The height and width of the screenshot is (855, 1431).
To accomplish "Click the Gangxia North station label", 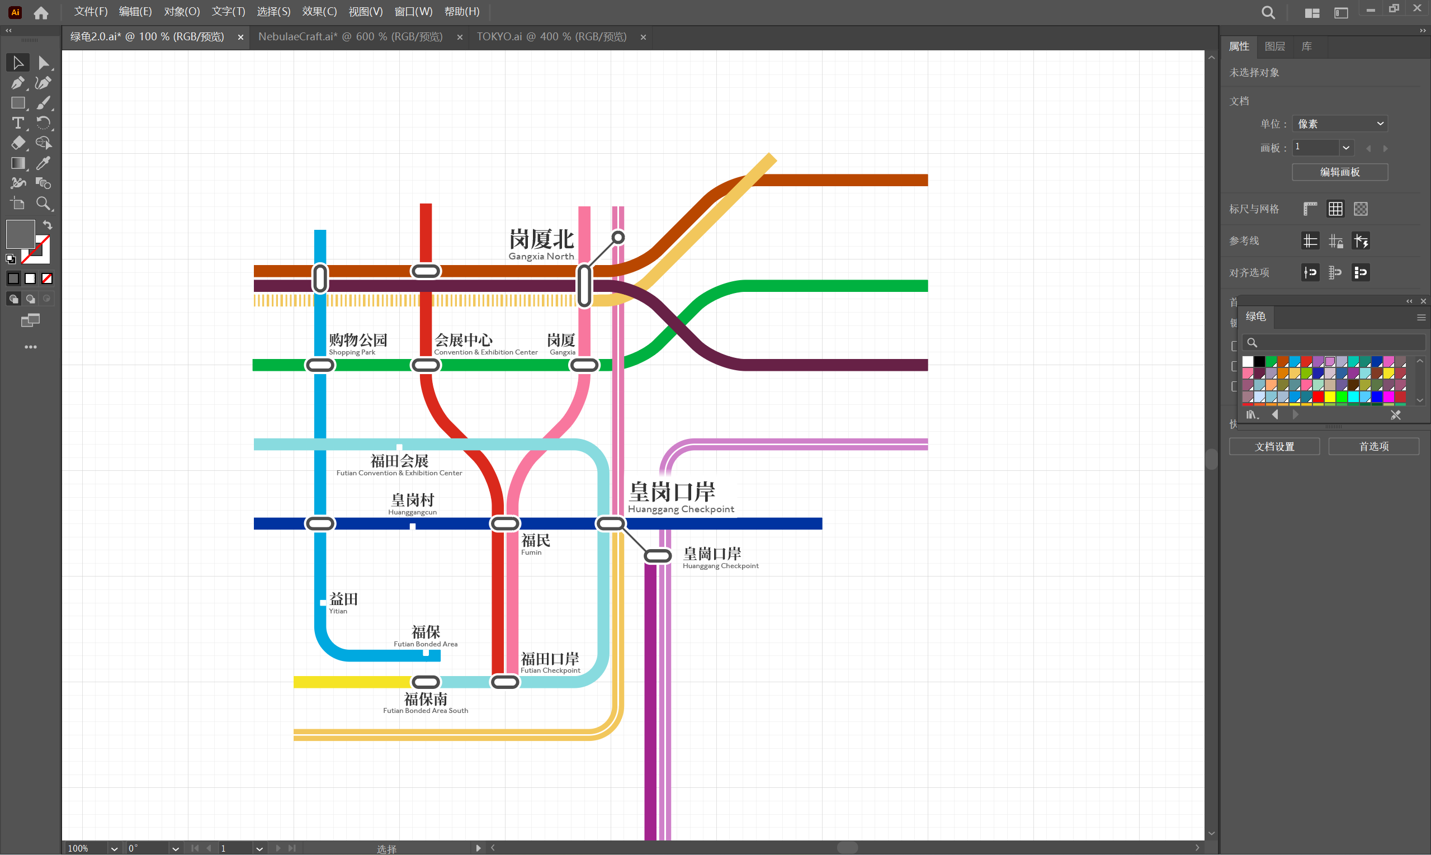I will click(541, 244).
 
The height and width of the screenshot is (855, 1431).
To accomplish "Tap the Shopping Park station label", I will click(357, 343).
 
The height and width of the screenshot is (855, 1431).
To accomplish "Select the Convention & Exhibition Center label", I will click(485, 343).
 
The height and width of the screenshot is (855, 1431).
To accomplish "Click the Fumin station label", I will click(535, 544).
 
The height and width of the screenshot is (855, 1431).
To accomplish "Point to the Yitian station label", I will click(343, 602).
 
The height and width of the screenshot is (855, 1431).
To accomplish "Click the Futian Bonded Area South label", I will click(426, 702).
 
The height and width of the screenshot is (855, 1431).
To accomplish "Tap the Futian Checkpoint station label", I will click(550, 662).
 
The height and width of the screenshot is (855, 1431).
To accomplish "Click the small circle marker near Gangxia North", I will click(617, 237).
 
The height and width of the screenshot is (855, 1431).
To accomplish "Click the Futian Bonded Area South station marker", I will click(426, 682).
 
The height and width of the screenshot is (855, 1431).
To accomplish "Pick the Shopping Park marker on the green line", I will click(320, 365).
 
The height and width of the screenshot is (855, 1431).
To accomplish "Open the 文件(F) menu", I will click(91, 12).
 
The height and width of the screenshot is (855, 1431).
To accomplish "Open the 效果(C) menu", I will click(319, 12).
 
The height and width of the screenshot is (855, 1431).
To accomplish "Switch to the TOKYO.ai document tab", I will click(551, 37).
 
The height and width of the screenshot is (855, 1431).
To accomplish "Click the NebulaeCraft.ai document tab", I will click(350, 37).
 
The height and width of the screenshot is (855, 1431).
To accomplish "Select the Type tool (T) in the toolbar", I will click(18, 122).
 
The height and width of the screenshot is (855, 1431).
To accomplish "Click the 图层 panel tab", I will click(1274, 46).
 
